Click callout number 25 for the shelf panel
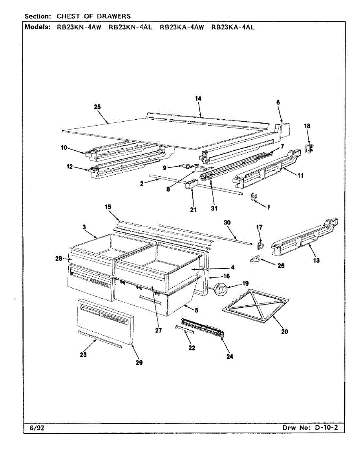tap(97, 107)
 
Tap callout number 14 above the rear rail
tap(198, 99)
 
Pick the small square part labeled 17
tap(259, 245)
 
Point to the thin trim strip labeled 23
tap(100, 339)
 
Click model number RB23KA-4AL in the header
tap(233, 27)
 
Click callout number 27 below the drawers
tap(158, 330)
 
